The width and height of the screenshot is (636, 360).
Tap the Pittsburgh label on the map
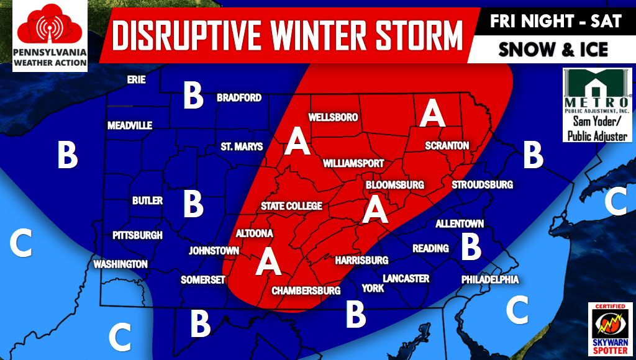coord(137,236)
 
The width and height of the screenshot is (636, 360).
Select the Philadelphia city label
coord(489,281)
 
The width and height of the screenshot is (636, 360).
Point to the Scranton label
coord(447,146)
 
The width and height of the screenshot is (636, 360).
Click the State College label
coord(291,206)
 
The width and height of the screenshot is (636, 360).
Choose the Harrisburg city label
coord(361,261)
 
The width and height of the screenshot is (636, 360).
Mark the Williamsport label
coord(353,164)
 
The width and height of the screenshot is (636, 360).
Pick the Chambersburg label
coord(306,290)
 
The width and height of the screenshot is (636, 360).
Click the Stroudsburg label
coord(482,185)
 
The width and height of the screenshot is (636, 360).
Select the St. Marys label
coord(242,147)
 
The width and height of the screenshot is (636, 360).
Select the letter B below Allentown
coord(471,246)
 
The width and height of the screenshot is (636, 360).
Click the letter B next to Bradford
coord(193,96)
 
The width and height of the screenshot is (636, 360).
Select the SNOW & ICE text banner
coord(553,50)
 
